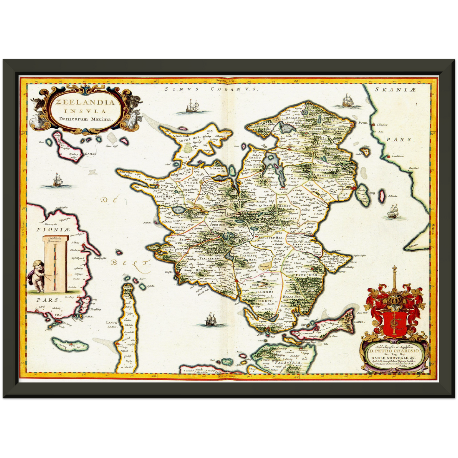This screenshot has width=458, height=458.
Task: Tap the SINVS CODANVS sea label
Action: (211, 89)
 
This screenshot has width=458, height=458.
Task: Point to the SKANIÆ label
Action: (395, 90)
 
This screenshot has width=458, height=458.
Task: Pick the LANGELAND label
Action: (112, 324)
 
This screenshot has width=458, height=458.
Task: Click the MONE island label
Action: (359, 321)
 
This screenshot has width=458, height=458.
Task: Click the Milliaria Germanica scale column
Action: (56, 263)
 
